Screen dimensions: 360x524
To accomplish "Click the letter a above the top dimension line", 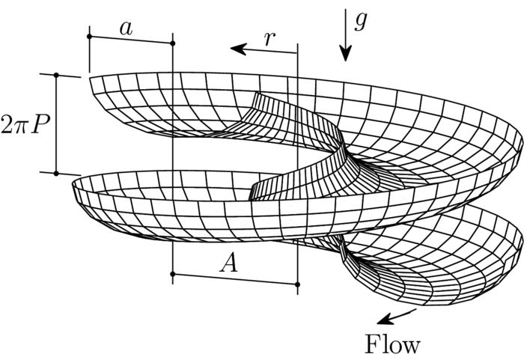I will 126,28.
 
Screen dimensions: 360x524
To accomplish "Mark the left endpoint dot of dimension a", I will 89,35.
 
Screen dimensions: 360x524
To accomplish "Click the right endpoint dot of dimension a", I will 173,43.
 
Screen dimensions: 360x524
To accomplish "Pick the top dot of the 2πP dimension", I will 56,75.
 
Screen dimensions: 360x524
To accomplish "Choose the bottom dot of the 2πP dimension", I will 56,173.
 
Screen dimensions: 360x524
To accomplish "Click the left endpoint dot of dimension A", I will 173,275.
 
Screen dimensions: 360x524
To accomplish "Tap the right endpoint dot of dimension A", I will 297,284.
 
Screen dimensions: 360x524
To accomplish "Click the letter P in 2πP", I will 41,122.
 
